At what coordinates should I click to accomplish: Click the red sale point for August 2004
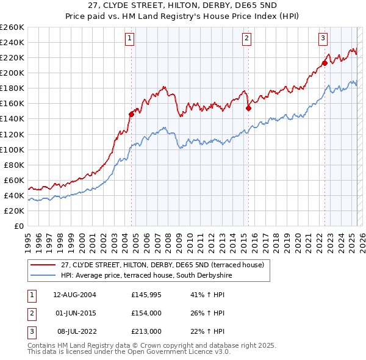[131, 113]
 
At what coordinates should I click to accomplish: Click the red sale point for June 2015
[248, 108]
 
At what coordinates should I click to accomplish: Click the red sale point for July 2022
[325, 62]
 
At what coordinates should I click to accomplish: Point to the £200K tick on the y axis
[12, 73]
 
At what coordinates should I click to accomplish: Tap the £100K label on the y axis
[12, 149]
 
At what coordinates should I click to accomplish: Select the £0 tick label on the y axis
[18, 226]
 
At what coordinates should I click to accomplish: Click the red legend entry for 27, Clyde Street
[162, 265]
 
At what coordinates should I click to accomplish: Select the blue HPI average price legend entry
[146, 276]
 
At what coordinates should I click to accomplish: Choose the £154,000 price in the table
[146, 313]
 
